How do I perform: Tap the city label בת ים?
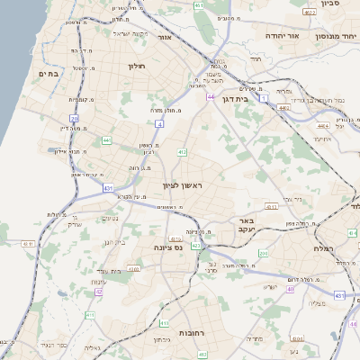click(x=48, y=74)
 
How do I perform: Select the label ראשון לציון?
click(x=184, y=185)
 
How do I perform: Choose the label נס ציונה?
click(x=168, y=247)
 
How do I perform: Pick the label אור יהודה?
click(x=274, y=36)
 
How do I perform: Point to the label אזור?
click(x=165, y=38)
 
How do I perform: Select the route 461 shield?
click(x=199, y=6)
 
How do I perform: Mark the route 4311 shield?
click(x=28, y=244)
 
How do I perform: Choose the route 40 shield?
click(x=339, y=295)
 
